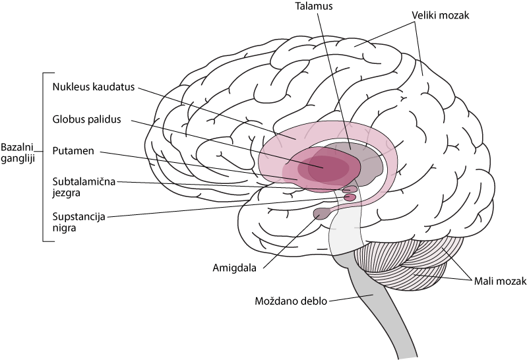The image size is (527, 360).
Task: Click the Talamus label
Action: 313,6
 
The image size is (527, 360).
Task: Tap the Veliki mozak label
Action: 440,15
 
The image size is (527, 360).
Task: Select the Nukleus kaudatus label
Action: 94,87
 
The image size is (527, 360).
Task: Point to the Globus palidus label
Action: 86,119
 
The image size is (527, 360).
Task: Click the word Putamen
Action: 73,151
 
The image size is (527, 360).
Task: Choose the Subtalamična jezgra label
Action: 84,187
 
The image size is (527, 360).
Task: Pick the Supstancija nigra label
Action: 78,222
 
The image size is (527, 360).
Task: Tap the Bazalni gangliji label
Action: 18,153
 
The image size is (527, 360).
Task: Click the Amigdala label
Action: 235,268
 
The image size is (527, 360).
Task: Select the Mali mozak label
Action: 500,282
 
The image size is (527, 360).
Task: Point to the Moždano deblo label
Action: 291,301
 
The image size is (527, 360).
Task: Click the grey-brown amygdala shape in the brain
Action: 322,214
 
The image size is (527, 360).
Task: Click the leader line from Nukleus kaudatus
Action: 217,113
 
